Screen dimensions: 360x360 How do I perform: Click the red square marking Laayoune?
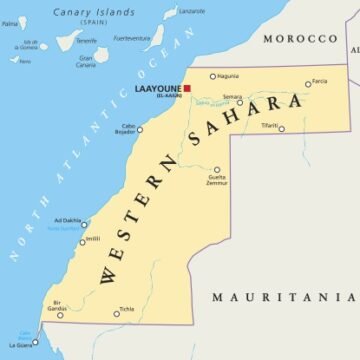click(186, 89)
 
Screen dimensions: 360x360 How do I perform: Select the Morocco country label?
click(299, 38)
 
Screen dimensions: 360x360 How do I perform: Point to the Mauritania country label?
click(284, 297)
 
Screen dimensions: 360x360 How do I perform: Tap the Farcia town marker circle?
click(308, 84)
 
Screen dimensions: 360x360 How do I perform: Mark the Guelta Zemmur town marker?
click(216, 170)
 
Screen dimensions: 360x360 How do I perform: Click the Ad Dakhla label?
click(67, 220)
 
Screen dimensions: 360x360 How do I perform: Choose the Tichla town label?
click(127, 308)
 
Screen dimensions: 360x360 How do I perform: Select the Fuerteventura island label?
click(132, 38)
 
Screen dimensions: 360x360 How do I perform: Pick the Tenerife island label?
click(87, 40)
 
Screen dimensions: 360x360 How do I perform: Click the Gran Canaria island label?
click(87, 60)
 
